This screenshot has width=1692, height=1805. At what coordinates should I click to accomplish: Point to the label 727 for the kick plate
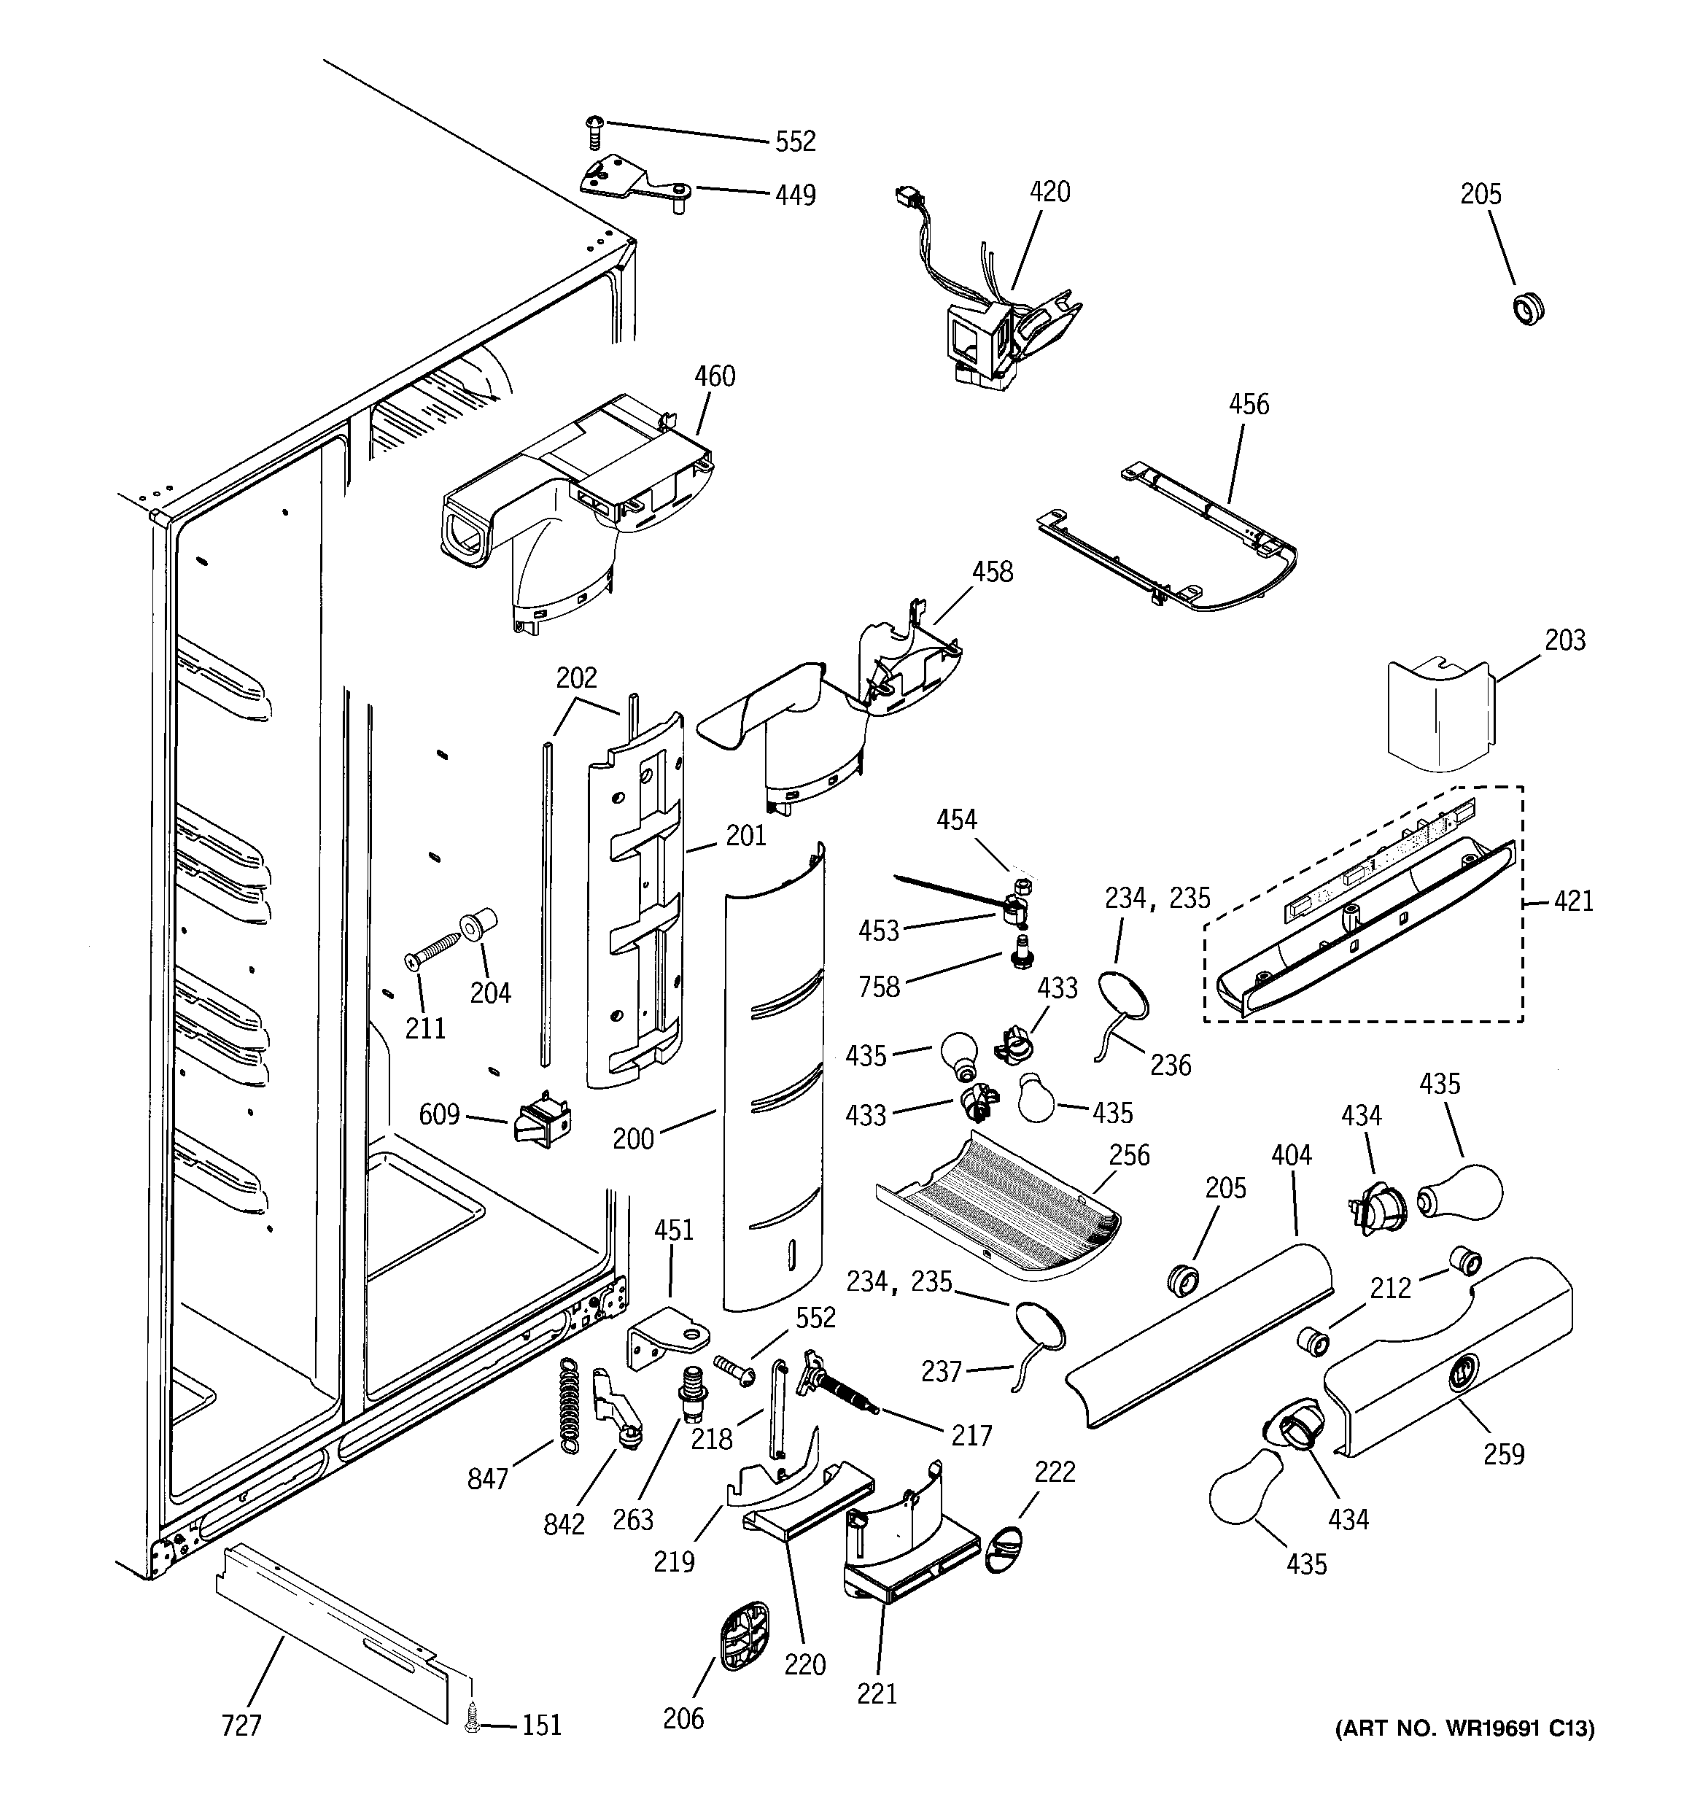(x=241, y=1725)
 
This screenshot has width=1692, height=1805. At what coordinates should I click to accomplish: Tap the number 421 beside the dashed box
(x=1573, y=901)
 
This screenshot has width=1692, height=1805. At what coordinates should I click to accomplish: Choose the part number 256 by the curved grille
(x=1129, y=1155)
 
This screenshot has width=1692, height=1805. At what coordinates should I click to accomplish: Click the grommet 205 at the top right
(x=1529, y=308)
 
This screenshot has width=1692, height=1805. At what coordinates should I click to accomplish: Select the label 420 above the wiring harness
(x=1050, y=192)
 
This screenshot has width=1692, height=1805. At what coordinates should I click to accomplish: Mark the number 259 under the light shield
(x=1503, y=1453)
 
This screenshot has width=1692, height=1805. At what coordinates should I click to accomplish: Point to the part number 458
(x=992, y=571)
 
